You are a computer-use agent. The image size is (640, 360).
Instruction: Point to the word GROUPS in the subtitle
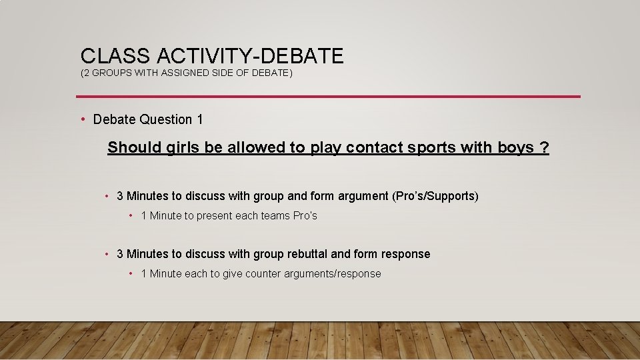pyautogui.click(x=111, y=73)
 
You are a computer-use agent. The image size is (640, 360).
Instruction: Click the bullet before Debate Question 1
pyautogui.click(x=83, y=119)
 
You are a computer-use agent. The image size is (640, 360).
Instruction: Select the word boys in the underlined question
pyautogui.click(x=515, y=147)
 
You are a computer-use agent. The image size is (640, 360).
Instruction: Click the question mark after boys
pyautogui.click(x=545, y=147)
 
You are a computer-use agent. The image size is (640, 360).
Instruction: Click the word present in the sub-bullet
pyautogui.click(x=214, y=215)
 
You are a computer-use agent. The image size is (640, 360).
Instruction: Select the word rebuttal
pyautogui.click(x=307, y=254)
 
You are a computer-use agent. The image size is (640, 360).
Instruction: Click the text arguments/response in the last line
pyautogui.click(x=333, y=273)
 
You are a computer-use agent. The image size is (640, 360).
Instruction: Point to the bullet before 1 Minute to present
pyautogui.click(x=131, y=215)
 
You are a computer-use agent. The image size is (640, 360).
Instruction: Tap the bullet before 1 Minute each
pyautogui.click(x=131, y=273)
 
